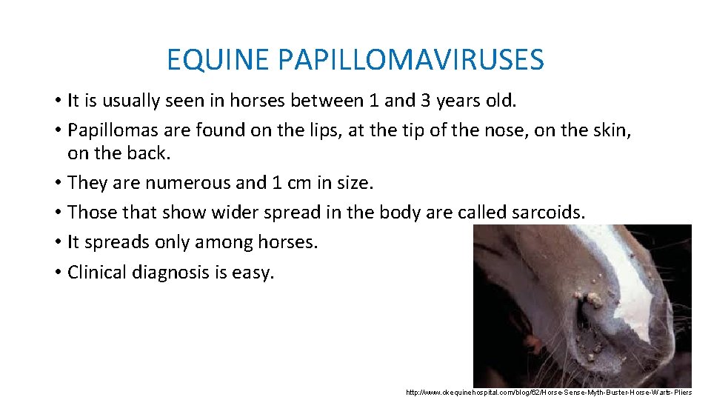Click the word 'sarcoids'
(546, 213)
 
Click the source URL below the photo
(549, 392)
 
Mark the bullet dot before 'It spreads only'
(57, 243)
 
